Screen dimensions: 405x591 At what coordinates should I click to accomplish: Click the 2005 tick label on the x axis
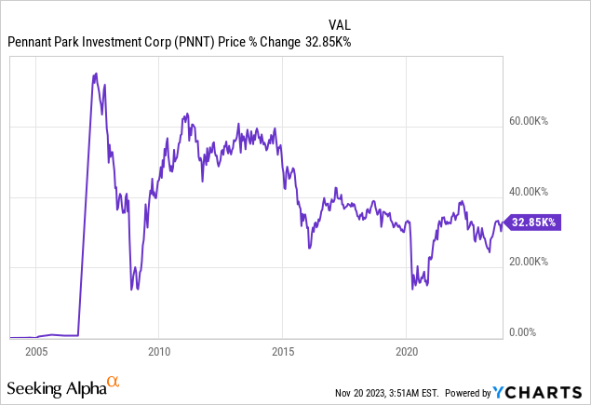pos(36,353)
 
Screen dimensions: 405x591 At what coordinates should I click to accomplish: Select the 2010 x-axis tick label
pos(158,353)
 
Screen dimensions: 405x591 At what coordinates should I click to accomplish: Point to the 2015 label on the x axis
pos(282,353)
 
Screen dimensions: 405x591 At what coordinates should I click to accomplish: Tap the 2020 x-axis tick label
pos(406,353)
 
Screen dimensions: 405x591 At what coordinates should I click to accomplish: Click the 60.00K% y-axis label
pos(535,122)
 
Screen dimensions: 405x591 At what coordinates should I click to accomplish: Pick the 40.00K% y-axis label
pos(535,193)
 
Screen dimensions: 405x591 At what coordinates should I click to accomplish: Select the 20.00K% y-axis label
pos(535,263)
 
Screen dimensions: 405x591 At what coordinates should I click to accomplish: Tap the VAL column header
pos(341,23)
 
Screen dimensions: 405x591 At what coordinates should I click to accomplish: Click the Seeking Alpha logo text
pos(55,385)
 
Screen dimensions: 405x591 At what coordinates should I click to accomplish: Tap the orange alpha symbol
pos(114,382)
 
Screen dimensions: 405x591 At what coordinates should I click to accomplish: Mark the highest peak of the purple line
pos(95,73)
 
